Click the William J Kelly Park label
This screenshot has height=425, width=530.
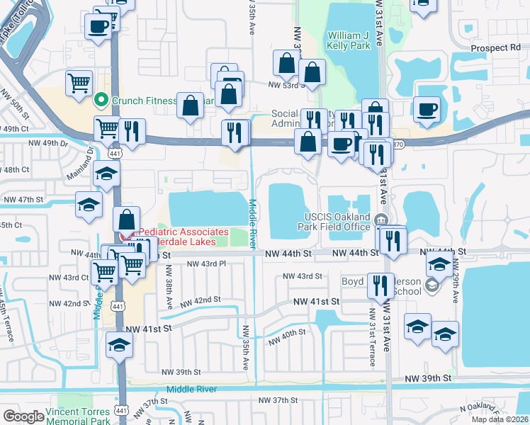349,40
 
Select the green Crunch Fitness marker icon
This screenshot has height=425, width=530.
101,100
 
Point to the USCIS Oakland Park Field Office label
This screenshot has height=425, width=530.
327,222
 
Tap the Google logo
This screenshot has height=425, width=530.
23,416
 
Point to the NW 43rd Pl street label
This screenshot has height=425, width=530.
205,264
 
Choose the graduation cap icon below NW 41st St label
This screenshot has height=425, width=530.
118,346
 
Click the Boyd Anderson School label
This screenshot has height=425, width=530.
388,285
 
